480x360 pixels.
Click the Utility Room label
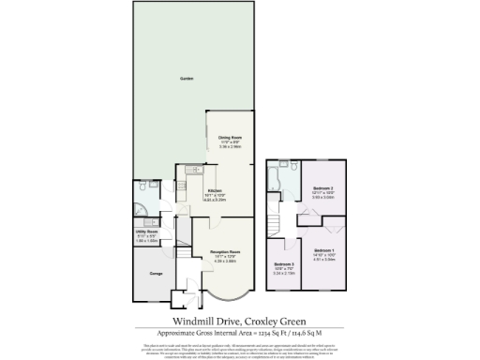pyautogui.click(x=146, y=231)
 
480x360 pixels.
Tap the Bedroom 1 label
pyautogui.click(x=324, y=250)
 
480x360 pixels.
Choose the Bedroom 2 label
pyautogui.click(x=324, y=188)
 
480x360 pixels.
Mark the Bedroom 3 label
pyautogui.click(x=284, y=264)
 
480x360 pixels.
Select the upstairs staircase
pyautogui.click(x=275, y=225)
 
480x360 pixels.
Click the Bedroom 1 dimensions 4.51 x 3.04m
pyautogui.click(x=324, y=260)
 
